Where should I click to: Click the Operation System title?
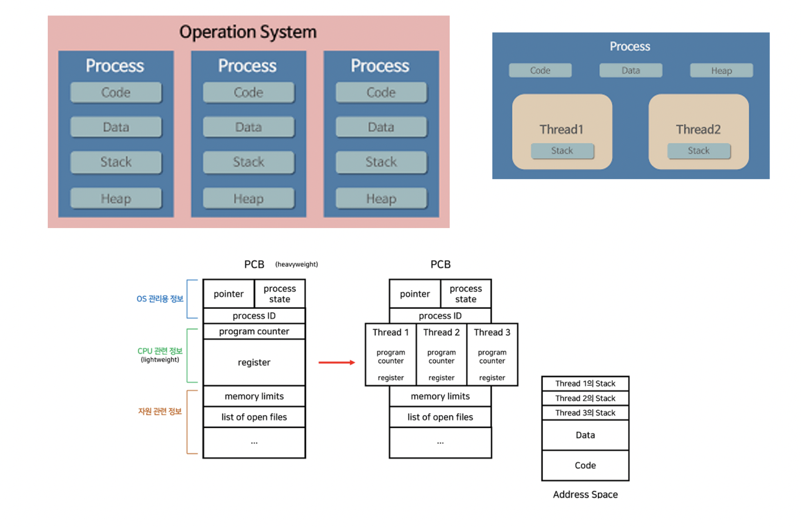point(248,32)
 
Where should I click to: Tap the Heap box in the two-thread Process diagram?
point(721,71)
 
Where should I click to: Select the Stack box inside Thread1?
point(562,151)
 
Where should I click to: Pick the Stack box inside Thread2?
point(699,151)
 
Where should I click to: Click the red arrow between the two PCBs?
point(337,362)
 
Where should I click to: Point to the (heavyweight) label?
point(296,264)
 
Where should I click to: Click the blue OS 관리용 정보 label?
point(160,299)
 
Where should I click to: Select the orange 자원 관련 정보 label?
point(160,411)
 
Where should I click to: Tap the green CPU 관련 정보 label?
point(160,351)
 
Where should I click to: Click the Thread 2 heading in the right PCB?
point(441,332)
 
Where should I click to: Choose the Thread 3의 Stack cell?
point(585,413)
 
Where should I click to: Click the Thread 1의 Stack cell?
point(585,383)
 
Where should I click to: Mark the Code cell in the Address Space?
point(585,465)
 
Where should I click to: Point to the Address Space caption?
point(585,495)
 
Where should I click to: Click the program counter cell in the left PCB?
point(254,331)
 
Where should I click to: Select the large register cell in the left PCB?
point(254,362)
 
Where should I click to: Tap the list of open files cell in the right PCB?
point(440,417)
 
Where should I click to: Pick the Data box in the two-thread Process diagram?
point(630,71)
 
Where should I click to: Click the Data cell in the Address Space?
point(585,435)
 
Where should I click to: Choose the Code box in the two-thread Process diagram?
point(540,71)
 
